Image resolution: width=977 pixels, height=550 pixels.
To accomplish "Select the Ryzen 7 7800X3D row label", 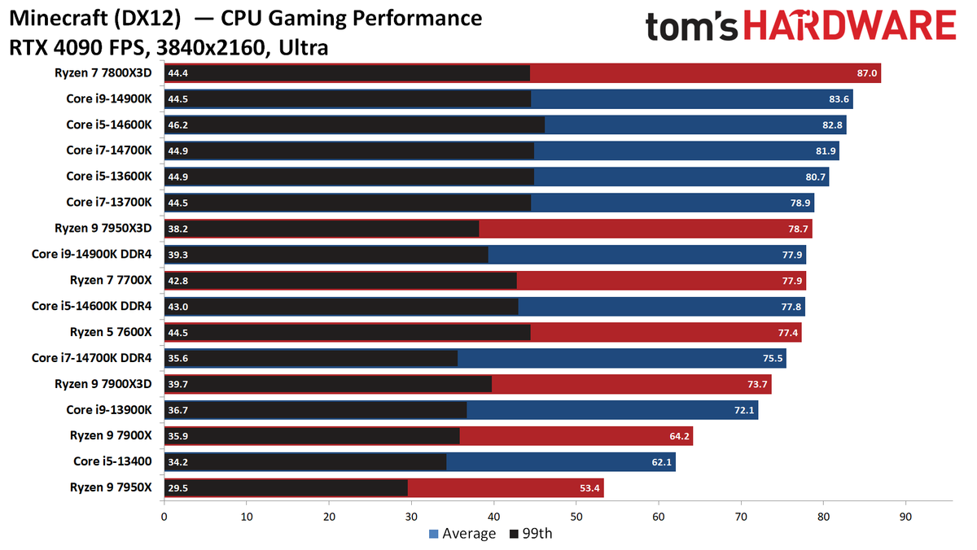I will [109, 73].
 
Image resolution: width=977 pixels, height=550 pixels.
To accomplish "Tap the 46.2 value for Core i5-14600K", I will [178, 125].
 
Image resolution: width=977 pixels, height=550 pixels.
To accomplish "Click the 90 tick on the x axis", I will [905, 516].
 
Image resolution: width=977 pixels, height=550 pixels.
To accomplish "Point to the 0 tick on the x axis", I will [164, 516].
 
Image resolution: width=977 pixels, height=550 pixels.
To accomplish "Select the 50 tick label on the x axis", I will [576, 516].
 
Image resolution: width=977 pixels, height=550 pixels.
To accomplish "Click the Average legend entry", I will [461, 534].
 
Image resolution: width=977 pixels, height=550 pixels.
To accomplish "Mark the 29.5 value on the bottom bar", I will [178, 487].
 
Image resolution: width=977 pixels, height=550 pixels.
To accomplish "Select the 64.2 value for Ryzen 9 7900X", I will [679, 436].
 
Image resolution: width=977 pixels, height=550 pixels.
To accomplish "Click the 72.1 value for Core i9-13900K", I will [744, 410].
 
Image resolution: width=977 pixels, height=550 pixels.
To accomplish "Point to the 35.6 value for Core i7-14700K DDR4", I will [178, 358].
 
